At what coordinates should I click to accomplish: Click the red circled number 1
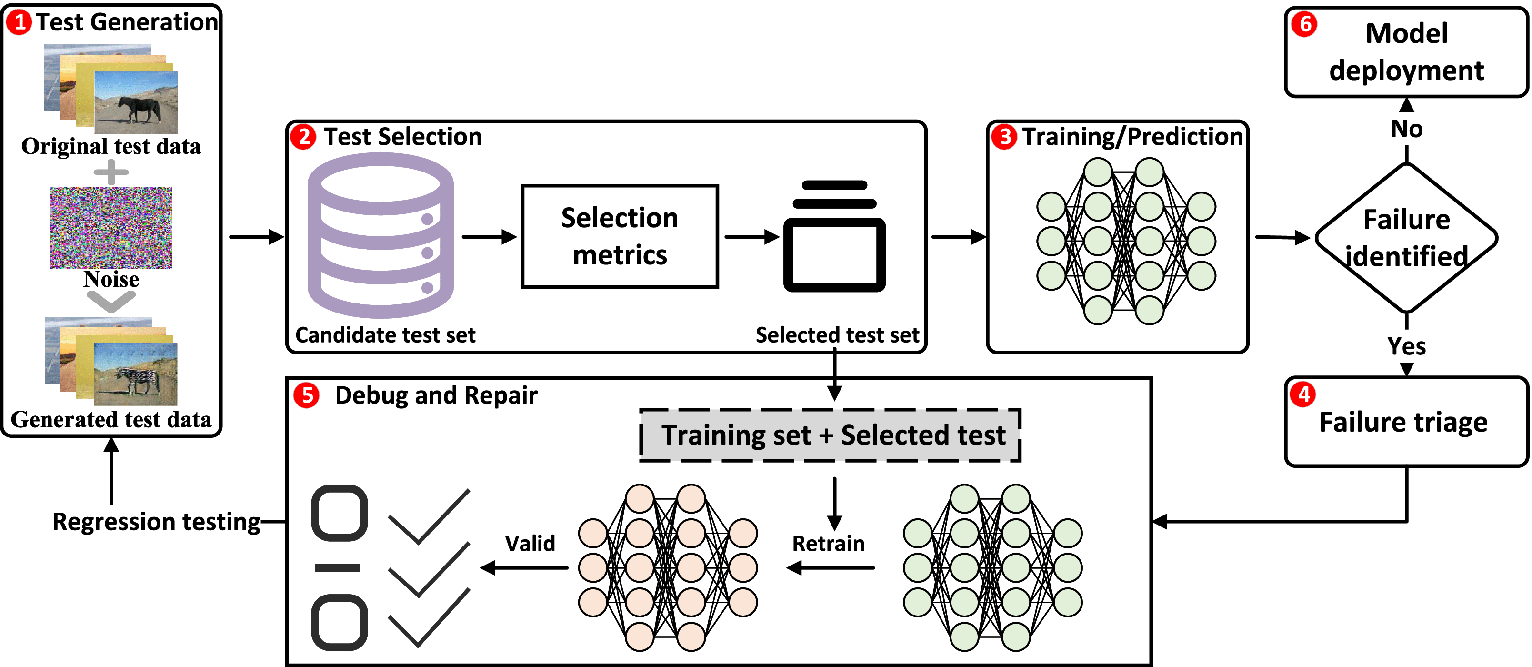click(x=19, y=22)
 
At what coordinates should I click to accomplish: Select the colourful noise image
click(x=111, y=227)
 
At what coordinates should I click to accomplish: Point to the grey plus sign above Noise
click(x=111, y=172)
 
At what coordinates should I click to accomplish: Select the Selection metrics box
click(x=620, y=236)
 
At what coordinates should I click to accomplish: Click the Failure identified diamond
click(x=1406, y=238)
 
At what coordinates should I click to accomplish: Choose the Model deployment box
click(x=1406, y=52)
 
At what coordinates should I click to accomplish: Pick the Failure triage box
click(x=1406, y=421)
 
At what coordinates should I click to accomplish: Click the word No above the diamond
click(x=1406, y=129)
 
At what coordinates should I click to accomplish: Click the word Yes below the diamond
click(x=1406, y=346)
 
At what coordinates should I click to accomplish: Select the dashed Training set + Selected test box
click(x=830, y=435)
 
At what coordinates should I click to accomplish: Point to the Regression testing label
click(x=156, y=522)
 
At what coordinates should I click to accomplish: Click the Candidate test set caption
click(x=385, y=335)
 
